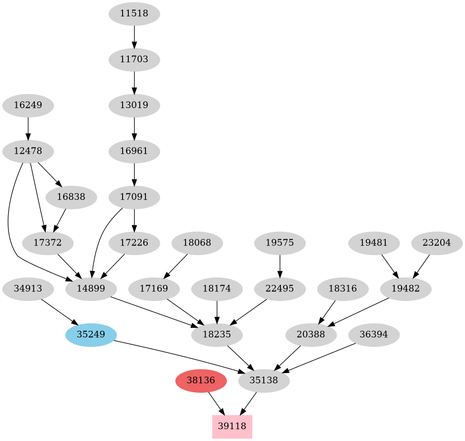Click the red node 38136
click(x=201, y=381)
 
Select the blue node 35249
click(x=91, y=334)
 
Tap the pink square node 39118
click(x=232, y=426)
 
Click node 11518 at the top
click(x=134, y=13)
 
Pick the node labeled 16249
click(x=28, y=105)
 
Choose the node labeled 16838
click(x=72, y=197)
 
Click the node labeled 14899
click(x=91, y=289)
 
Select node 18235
click(x=217, y=334)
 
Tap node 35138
click(x=264, y=381)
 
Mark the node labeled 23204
click(x=437, y=243)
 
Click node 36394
click(x=374, y=334)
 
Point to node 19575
click(x=280, y=243)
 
